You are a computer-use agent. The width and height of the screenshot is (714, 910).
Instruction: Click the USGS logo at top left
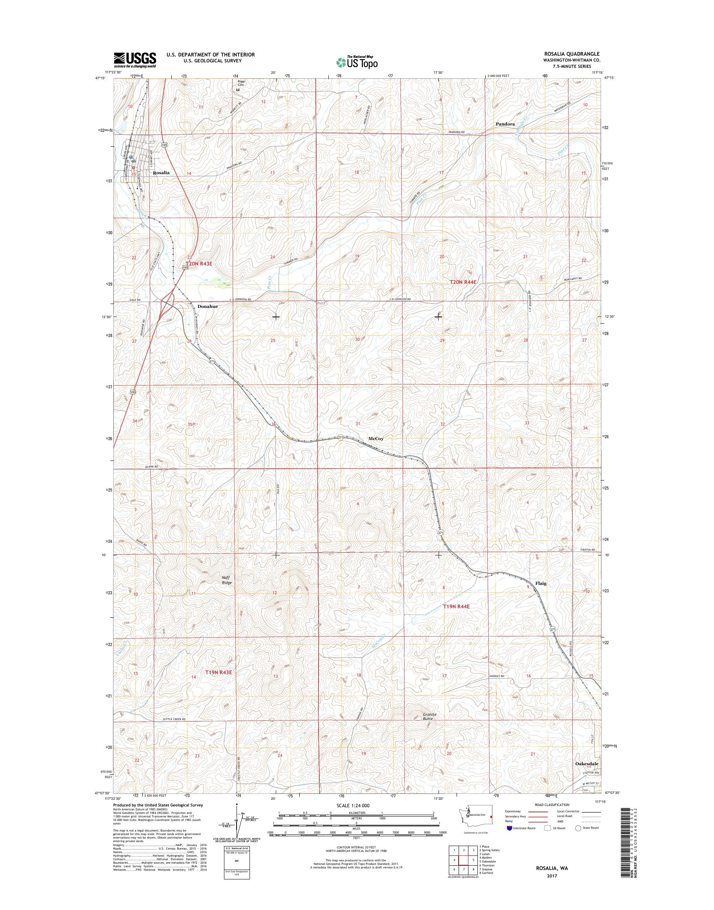(x=135, y=60)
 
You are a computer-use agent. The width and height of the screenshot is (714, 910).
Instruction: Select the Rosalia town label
(x=161, y=173)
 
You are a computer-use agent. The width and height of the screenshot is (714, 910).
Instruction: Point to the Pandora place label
(x=505, y=124)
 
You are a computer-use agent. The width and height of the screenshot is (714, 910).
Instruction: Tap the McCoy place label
(x=376, y=439)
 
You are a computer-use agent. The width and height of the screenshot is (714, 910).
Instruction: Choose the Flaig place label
(x=541, y=583)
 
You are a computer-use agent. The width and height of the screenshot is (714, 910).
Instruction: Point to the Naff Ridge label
(x=227, y=580)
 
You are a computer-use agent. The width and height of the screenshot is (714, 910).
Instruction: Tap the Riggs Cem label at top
(x=240, y=83)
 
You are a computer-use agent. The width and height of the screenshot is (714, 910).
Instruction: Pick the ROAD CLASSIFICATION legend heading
(x=552, y=804)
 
